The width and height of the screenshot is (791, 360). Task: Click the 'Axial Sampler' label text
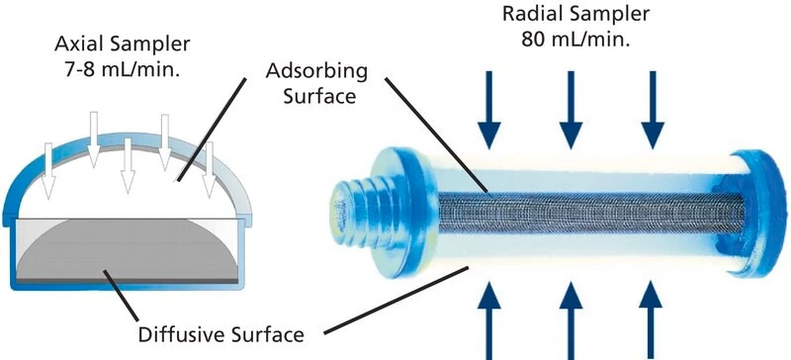point(123,45)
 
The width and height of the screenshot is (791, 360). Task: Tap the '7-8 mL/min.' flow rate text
point(124,68)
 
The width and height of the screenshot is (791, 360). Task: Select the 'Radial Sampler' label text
point(576,14)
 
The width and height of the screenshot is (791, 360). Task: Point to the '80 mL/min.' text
point(575,39)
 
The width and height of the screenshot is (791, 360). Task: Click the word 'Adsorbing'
point(316,72)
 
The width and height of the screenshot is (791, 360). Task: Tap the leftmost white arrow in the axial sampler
point(48,171)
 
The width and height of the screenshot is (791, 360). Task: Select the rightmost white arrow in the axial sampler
point(209,169)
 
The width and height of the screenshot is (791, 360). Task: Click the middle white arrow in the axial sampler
point(129,165)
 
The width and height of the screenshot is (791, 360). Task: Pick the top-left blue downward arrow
point(489,110)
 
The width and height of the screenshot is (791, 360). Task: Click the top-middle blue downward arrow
point(571,110)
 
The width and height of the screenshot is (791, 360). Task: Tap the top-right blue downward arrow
point(653,110)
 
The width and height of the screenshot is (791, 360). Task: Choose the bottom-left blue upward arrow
point(488,320)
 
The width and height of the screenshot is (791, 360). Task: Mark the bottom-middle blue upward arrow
point(571,320)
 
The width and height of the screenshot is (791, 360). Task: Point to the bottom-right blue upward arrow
point(651,320)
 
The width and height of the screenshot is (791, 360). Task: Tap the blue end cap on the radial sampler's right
point(754,213)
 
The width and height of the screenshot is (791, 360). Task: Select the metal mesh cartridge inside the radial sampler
point(591,213)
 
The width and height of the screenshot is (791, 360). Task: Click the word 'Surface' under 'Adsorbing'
point(319,95)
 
